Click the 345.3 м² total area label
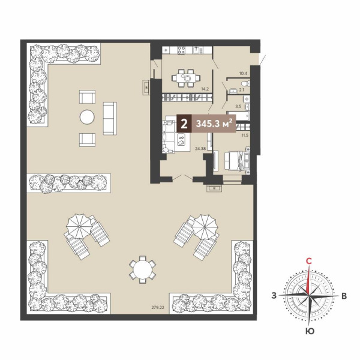(212, 124)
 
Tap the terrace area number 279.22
(158, 308)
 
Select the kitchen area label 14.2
(205, 89)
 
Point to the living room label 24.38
(200, 149)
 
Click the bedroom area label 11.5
(245, 136)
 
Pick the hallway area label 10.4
(243, 74)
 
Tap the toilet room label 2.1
(242, 90)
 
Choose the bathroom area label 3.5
(238, 106)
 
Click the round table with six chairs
(143, 269)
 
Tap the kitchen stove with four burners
(181, 50)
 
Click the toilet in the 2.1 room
(246, 83)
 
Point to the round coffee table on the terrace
(87, 118)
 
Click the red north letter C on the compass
(309, 261)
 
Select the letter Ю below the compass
(310, 331)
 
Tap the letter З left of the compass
(274, 296)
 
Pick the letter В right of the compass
(344, 296)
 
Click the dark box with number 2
(184, 124)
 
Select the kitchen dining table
(186, 78)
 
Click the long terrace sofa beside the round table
(110, 118)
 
